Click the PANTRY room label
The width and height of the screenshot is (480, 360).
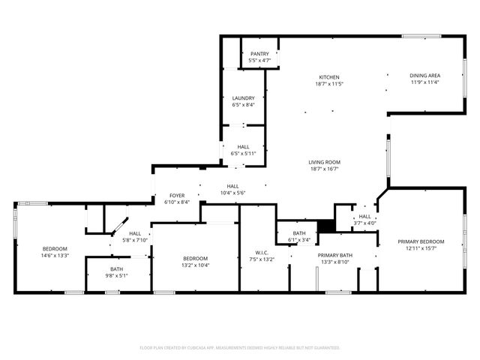(x=259, y=54)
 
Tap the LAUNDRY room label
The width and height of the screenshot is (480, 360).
(x=243, y=98)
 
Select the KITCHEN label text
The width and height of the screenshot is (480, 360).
(x=329, y=77)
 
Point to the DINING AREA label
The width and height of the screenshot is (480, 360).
(x=424, y=76)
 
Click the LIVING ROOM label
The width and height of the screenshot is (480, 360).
(x=324, y=163)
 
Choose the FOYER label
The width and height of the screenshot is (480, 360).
(x=176, y=195)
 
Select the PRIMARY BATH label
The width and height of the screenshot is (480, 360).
(x=335, y=255)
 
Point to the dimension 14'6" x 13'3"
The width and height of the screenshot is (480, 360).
(x=55, y=256)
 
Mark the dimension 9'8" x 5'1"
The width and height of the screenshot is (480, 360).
(x=117, y=275)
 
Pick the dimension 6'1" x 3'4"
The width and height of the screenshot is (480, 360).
(x=299, y=241)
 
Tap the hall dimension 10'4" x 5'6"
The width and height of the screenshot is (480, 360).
(x=232, y=193)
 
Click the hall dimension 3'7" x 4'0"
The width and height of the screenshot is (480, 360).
(x=364, y=223)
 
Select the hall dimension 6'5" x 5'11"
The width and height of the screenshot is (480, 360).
(x=243, y=154)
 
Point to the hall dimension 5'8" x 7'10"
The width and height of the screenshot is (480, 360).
(x=135, y=240)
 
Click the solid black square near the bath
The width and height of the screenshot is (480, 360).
(x=325, y=226)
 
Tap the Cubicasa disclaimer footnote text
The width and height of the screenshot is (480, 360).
(x=240, y=348)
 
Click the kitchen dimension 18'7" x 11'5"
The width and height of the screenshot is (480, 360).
(x=329, y=84)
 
